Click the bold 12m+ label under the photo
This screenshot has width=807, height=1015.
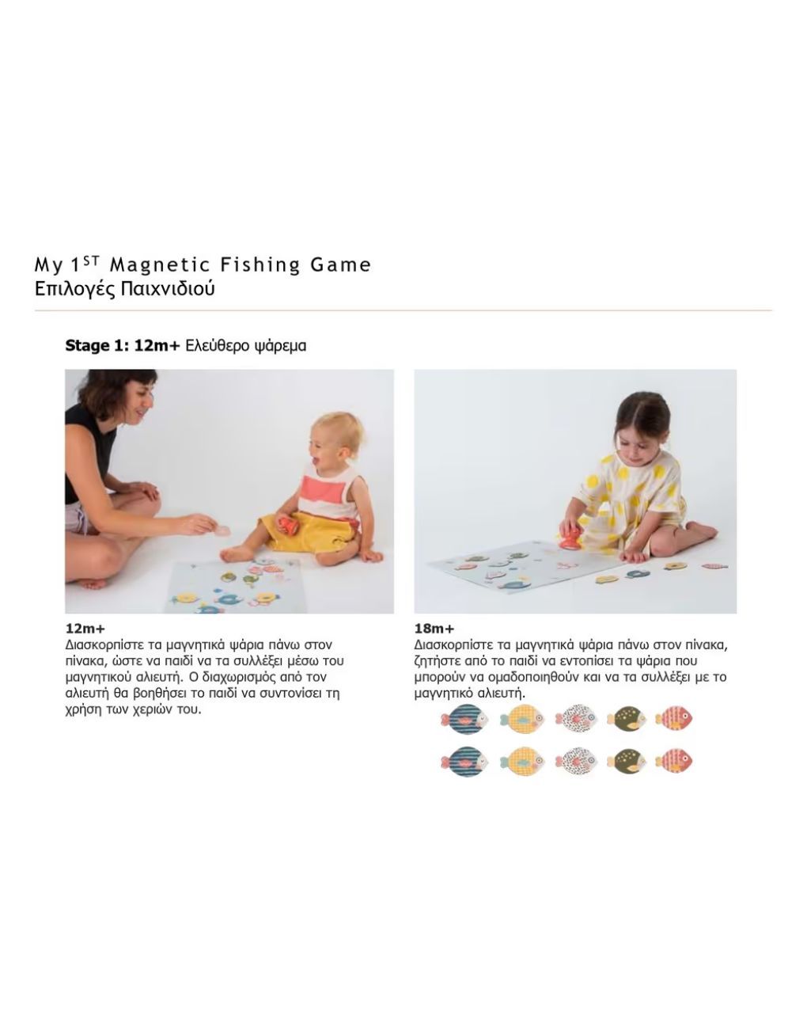(x=85, y=629)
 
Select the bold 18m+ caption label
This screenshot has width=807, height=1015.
(x=434, y=629)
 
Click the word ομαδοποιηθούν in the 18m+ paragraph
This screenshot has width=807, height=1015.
(x=561, y=677)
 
